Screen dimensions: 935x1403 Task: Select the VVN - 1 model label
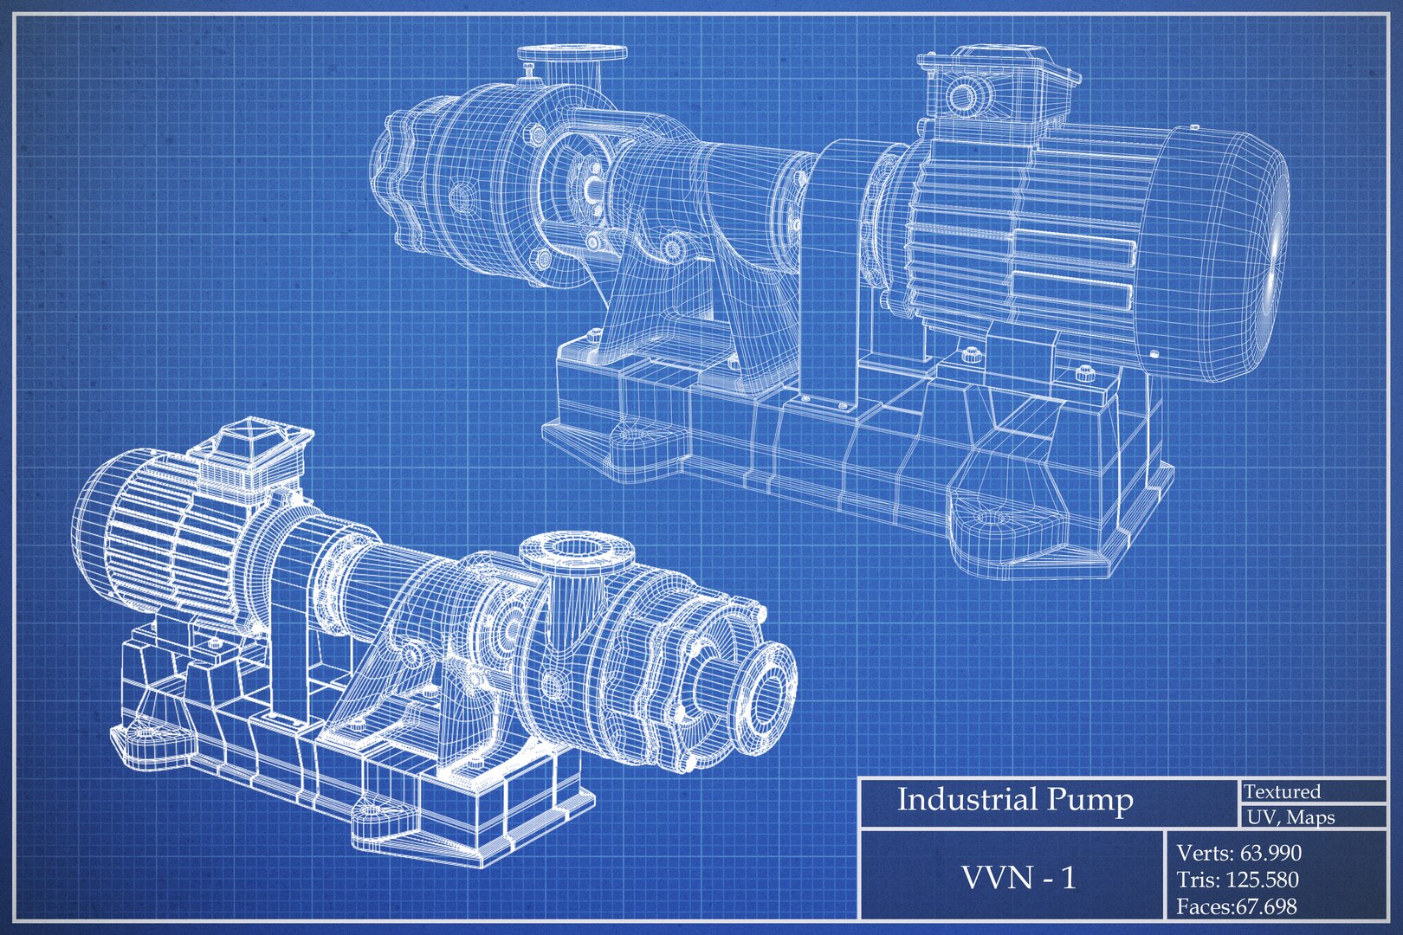tap(1018, 878)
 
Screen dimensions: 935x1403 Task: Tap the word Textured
tap(1283, 791)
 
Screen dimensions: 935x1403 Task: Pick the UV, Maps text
tap(1290, 817)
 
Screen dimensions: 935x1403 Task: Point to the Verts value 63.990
tap(1270, 853)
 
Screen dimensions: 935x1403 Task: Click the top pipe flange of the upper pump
tap(572, 55)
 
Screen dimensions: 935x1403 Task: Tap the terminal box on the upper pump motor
tap(996, 82)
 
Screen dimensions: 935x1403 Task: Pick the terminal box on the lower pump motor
tap(251, 455)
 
